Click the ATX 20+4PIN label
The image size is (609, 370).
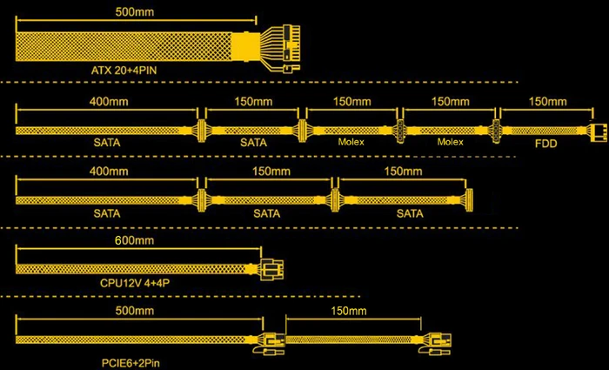pyautogui.click(x=124, y=71)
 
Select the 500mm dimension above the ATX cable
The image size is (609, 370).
pyautogui.click(x=134, y=11)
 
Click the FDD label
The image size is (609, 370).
pyautogui.click(x=545, y=144)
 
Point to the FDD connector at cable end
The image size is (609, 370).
pyautogui.click(x=599, y=131)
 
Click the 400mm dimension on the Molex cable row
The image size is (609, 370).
pyautogui.click(x=109, y=102)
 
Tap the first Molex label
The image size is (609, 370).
pyautogui.click(x=351, y=142)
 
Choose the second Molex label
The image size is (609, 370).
pyautogui.click(x=450, y=142)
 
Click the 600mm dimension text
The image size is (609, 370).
pyautogui.click(x=134, y=240)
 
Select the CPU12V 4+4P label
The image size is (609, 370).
pyautogui.click(x=135, y=283)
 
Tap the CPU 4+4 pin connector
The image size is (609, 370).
pyautogui.click(x=271, y=269)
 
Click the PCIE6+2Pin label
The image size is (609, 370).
pyautogui.click(x=130, y=363)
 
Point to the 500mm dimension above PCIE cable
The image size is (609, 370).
pyautogui.click(x=134, y=311)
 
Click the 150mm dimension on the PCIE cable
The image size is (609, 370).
pyautogui.click(x=349, y=311)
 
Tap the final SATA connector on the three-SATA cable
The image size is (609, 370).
pyautogui.click(x=469, y=200)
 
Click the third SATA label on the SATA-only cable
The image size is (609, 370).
pyautogui.click(x=410, y=213)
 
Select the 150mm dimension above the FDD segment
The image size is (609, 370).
pyautogui.click(x=547, y=102)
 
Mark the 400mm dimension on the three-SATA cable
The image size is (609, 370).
pyautogui.click(x=109, y=172)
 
